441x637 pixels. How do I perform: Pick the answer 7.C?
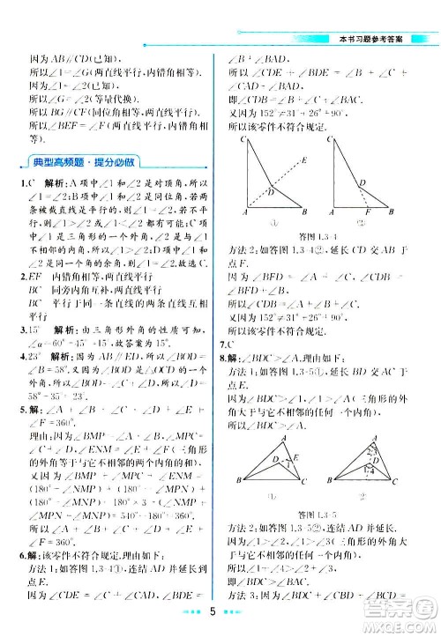226,341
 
